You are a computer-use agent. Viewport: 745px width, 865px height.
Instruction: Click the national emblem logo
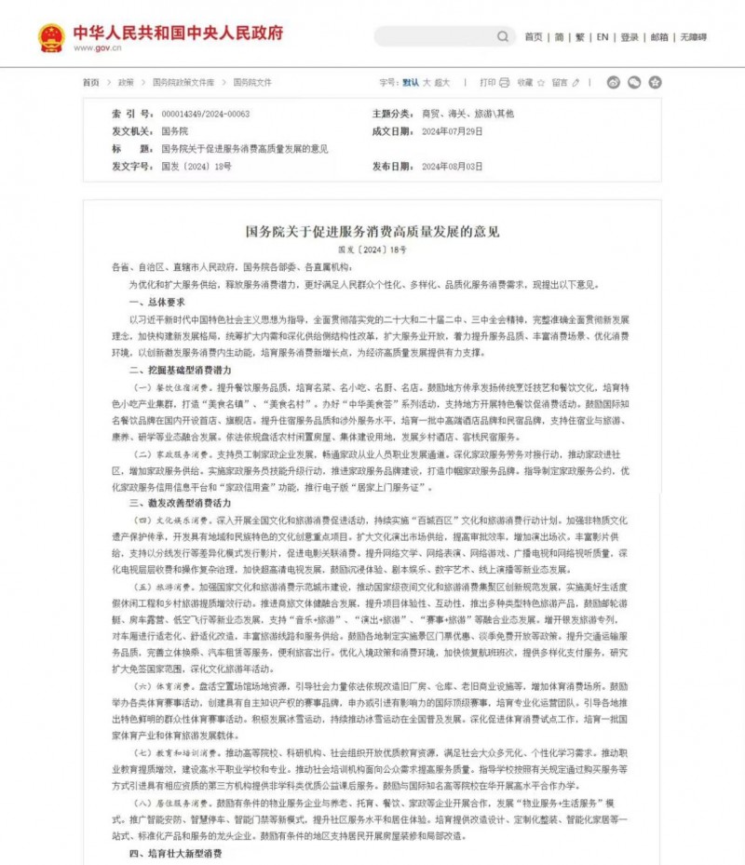tap(51, 37)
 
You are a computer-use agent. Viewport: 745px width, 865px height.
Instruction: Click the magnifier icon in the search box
tap(502, 37)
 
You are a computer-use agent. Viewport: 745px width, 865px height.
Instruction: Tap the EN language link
tap(603, 37)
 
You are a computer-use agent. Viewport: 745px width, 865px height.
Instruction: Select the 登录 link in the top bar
tap(630, 37)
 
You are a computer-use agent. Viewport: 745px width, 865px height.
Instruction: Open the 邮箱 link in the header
tap(659, 37)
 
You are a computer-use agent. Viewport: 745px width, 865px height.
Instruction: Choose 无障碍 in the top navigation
tap(693, 37)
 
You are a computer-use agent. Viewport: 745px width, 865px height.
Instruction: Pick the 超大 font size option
tap(442, 82)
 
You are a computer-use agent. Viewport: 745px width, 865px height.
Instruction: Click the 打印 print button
tap(494, 82)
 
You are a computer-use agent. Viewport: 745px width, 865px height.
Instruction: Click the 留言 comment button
tap(564, 82)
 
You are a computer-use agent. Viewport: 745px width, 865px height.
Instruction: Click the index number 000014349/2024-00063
tap(206, 114)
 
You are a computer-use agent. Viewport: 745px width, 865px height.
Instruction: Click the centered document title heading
tap(372, 231)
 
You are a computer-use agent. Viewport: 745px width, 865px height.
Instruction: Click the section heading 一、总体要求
tap(157, 303)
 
